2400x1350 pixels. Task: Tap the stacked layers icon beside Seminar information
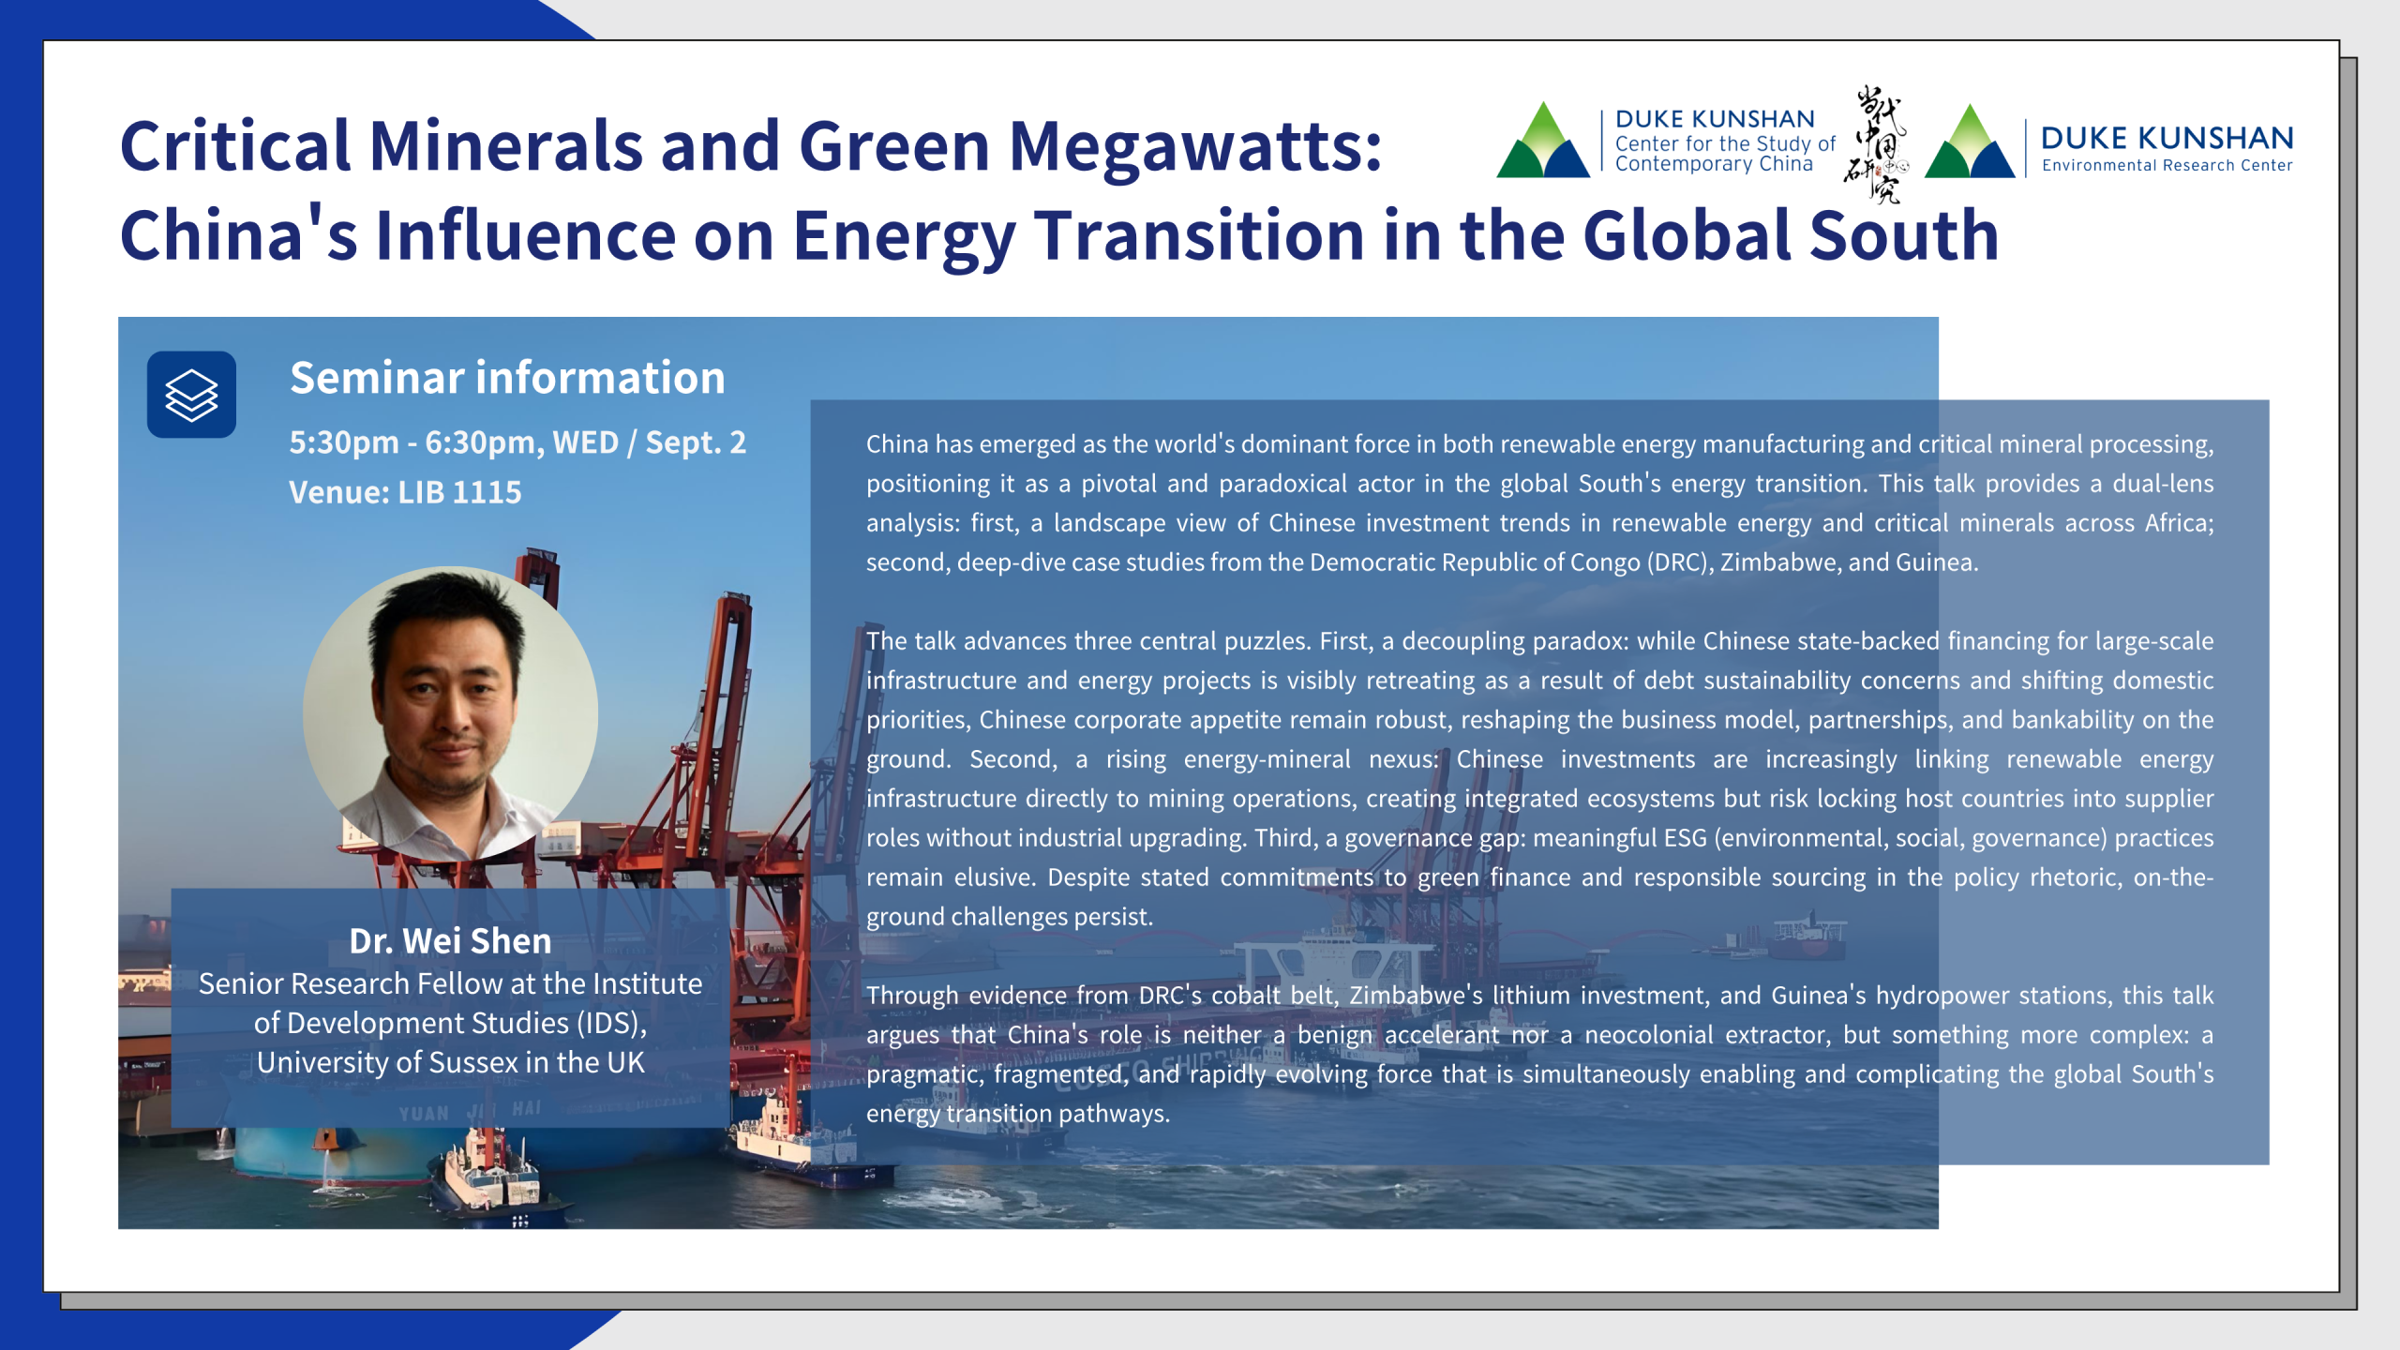191,395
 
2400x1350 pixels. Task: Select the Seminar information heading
507,377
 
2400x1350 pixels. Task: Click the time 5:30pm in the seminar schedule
344,442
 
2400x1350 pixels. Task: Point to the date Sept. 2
696,442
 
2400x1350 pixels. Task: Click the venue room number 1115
487,492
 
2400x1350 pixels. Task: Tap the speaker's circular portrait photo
450,713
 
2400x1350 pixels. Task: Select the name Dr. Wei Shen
450,940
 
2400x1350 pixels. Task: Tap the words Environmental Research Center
2167,166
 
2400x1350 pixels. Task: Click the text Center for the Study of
1725,143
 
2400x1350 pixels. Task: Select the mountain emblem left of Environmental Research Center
1970,141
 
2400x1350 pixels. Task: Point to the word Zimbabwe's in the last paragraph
1416,996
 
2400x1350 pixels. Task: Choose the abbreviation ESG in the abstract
1685,838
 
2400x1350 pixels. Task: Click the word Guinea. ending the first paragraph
1937,562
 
